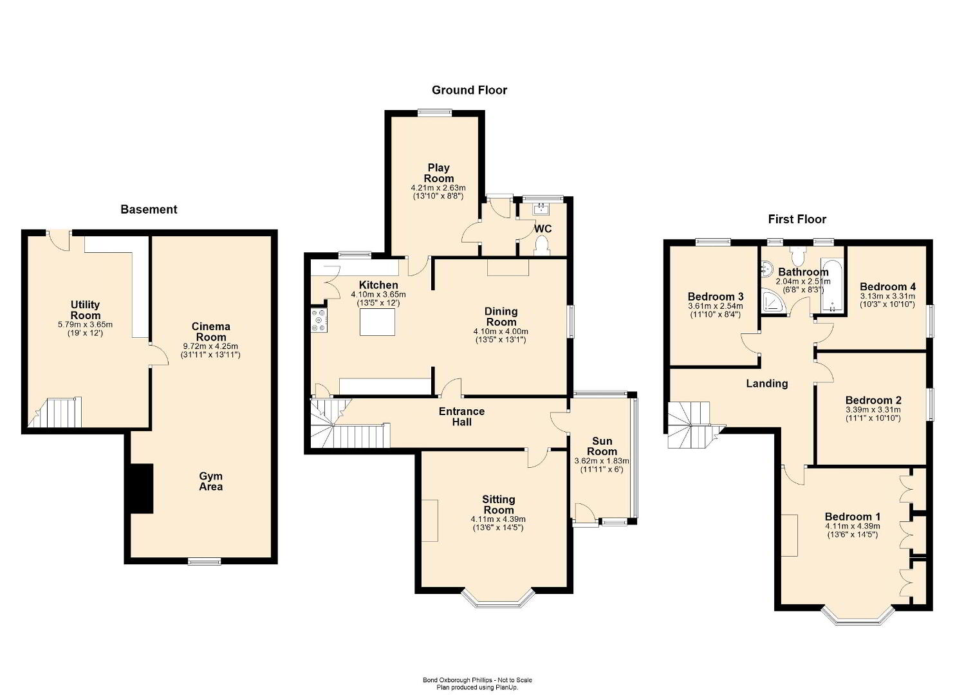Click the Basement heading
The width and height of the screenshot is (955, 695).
click(x=149, y=209)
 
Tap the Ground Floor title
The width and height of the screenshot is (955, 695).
click(x=469, y=90)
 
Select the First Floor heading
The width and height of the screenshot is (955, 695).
click(x=797, y=219)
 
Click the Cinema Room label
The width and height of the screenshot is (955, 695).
click(x=211, y=331)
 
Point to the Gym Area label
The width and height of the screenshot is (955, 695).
click(x=211, y=481)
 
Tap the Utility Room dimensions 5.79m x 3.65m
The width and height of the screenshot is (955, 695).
click(x=85, y=324)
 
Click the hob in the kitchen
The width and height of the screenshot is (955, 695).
click(x=319, y=320)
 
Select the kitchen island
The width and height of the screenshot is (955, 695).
click(x=377, y=322)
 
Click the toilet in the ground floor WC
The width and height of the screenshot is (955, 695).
click(x=542, y=246)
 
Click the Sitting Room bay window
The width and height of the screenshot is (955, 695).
click(x=498, y=600)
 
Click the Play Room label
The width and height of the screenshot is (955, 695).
click(x=439, y=173)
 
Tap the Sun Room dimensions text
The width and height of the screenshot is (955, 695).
click(x=602, y=465)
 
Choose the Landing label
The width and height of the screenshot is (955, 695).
click(x=767, y=384)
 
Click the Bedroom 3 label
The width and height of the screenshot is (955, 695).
click(x=716, y=296)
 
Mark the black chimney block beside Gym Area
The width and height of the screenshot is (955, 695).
click(x=142, y=488)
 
